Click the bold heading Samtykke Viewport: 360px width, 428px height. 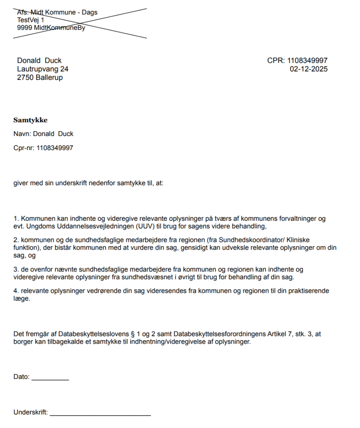[x=30, y=120]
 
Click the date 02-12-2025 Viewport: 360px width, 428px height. [x=308, y=69]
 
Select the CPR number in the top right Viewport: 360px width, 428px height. [x=307, y=61]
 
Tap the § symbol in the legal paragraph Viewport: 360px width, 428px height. [x=130, y=334]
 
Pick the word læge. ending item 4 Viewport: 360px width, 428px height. [x=21, y=299]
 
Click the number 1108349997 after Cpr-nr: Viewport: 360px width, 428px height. [x=55, y=148]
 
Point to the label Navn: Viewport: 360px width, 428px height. [x=21, y=134]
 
